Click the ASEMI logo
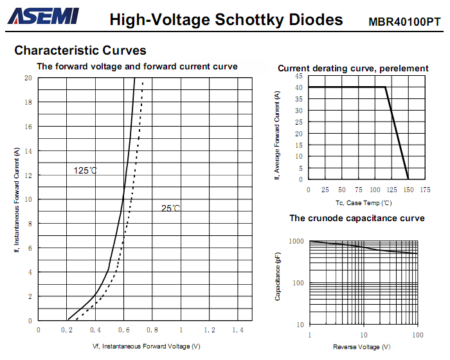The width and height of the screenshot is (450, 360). click(x=44, y=17)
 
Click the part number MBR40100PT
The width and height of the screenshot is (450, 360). click(x=404, y=21)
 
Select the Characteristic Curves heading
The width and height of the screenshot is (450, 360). click(x=80, y=50)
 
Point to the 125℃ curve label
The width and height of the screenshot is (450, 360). click(x=85, y=170)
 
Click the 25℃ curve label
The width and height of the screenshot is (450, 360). click(x=170, y=208)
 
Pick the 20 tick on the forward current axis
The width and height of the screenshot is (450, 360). click(x=28, y=78)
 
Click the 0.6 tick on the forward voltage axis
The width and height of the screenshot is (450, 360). click(x=124, y=330)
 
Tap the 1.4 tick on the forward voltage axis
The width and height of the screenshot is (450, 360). click(x=238, y=330)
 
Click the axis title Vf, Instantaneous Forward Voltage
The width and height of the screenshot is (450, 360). click(x=147, y=346)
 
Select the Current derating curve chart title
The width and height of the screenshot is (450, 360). click(x=353, y=68)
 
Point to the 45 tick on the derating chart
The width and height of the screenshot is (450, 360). click(x=299, y=76)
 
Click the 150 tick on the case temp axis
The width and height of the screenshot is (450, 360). click(x=408, y=190)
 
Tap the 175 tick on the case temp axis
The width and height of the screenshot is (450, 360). click(x=425, y=190)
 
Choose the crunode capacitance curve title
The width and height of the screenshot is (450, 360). click(x=357, y=219)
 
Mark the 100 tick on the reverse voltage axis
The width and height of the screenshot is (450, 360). click(x=417, y=335)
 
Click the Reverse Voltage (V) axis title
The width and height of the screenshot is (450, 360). click(x=361, y=347)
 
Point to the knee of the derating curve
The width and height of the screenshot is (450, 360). click(x=386, y=87)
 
